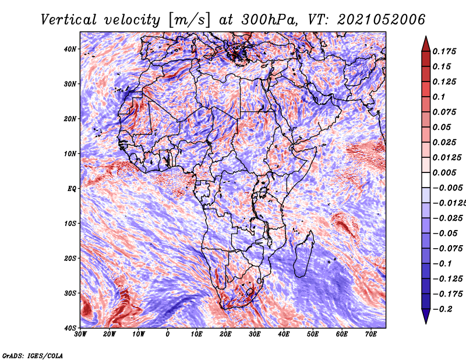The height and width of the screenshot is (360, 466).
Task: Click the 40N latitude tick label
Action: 70,49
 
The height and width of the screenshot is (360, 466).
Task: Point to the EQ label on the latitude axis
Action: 72,189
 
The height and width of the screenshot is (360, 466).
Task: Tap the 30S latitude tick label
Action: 70,293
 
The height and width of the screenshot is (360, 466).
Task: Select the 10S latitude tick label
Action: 70,223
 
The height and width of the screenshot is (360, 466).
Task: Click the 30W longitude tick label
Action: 80,334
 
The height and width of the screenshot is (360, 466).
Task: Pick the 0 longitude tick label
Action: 168,334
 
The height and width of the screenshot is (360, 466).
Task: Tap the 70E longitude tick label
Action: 371,334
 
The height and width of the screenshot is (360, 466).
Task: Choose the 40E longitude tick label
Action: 284,334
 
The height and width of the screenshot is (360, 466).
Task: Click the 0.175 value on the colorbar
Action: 444,51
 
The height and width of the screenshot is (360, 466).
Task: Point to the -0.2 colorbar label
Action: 442,309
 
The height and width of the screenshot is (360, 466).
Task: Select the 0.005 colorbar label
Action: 444,172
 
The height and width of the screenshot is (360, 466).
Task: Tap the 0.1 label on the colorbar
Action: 439,97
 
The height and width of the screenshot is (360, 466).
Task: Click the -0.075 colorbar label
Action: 447,249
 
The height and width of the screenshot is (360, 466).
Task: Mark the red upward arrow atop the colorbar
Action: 426,44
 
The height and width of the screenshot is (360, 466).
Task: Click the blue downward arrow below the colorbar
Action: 426,316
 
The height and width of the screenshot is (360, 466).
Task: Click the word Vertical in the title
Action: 69,20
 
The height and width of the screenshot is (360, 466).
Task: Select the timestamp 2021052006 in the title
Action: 382,20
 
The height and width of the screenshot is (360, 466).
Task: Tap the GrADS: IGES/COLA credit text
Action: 33,355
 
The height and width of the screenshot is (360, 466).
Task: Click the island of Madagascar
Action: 303,256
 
